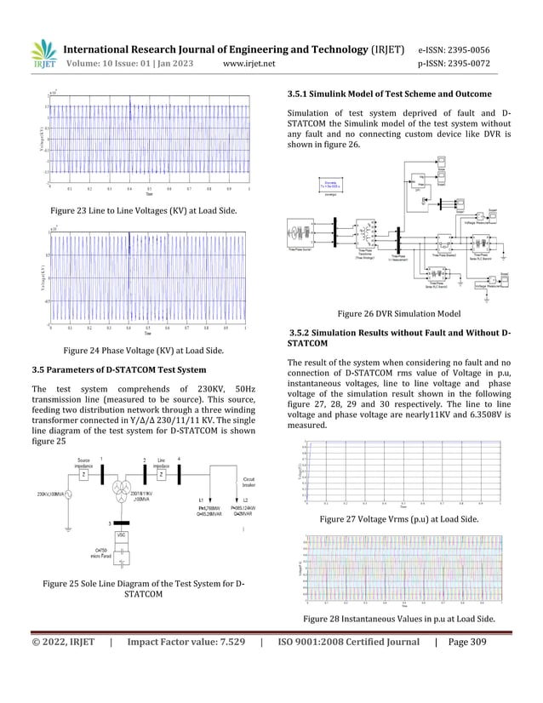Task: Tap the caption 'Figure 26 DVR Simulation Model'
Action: coord(399,313)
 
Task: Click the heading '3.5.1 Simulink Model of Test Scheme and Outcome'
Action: coord(390,93)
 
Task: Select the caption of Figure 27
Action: coord(397,518)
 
